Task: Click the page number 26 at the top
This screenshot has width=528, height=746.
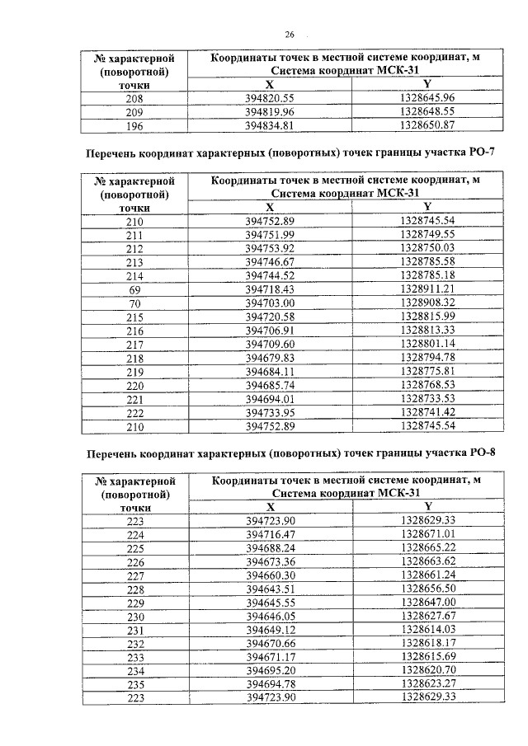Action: click(290, 34)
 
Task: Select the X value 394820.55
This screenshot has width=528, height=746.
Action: click(270, 97)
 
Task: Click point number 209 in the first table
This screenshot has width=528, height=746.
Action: click(134, 111)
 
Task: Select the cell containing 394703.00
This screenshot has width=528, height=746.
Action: click(270, 303)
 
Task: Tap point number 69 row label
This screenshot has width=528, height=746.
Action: click(134, 290)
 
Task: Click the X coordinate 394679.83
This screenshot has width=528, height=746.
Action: click(270, 358)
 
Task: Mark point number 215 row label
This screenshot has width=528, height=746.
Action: click(134, 317)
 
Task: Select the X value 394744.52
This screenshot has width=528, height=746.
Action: click(270, 276)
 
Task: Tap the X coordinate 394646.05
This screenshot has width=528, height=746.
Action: click(270, 617)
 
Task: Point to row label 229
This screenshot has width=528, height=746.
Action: click(134, 603)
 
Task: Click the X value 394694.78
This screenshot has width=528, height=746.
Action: click(270, 685)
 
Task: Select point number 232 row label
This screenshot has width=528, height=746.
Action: click(134, 644)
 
